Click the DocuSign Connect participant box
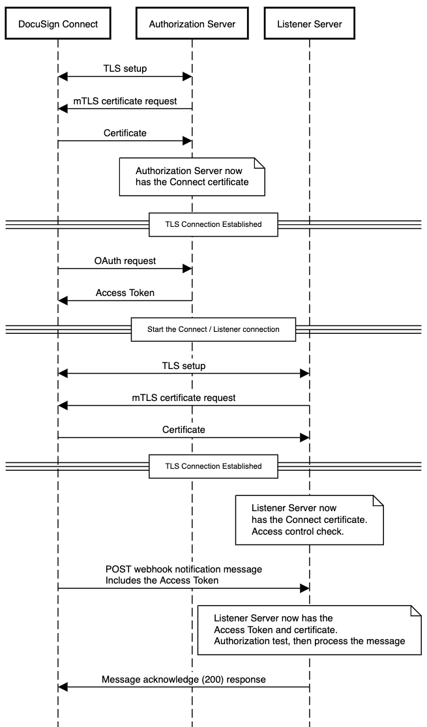[57, 24]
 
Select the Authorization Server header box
[192, 24]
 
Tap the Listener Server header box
[309, 24]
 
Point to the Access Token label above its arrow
[125, 293]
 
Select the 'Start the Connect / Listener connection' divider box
[214, 329]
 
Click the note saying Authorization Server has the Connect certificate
[192, 176]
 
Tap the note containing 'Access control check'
[309, 519]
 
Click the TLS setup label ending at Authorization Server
[125, 68]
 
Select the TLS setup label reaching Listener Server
[183, 366]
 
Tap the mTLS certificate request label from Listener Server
[183, 397]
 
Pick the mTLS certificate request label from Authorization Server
[125, 100]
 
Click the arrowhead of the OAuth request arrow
[187, 269]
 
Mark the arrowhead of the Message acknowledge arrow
[63, 687]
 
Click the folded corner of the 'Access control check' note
[377, 500]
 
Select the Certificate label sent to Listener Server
[183, 430]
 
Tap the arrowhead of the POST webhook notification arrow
[304, 588]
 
